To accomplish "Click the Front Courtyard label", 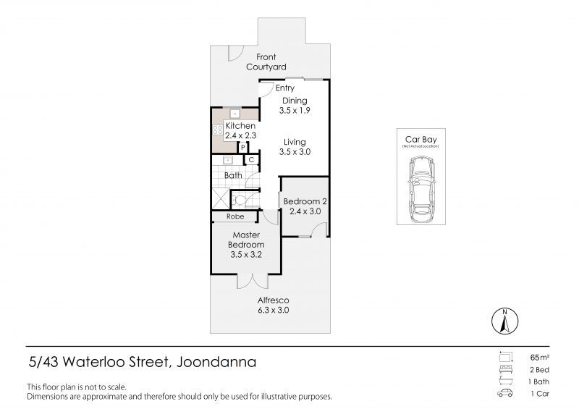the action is (266, 62).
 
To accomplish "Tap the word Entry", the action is (285, 88).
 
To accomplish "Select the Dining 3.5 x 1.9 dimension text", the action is (295, 111).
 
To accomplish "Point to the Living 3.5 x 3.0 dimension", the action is (295, 152).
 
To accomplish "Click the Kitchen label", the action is (240, 126).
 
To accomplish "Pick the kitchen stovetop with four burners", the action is (218, 130).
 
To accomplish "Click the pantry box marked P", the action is (243, 148).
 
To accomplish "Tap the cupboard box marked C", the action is (251, 159).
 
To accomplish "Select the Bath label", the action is (233, 175).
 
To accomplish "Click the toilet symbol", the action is (240, 201).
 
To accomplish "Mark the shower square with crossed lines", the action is (221, 198).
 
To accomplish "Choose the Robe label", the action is (235, 216).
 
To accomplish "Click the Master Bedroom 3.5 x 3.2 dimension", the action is (246, 255).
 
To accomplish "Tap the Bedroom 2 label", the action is (305, 202).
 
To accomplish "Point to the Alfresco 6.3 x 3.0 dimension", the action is (274, 311).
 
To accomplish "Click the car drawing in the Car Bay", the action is (422, 189).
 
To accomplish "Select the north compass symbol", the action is (504, 321).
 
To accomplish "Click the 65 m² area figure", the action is (539, 358).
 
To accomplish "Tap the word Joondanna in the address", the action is (216, 362).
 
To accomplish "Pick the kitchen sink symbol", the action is (234, 114).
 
